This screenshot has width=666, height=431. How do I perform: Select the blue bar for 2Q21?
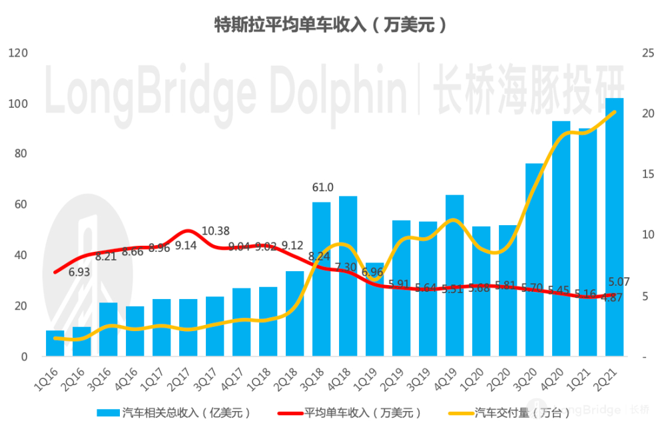tap(614, 226)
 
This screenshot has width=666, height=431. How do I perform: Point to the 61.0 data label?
tap(322, 187)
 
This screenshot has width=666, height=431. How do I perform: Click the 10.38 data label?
tap(215, 231)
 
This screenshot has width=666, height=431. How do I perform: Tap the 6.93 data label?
tap(80, 272)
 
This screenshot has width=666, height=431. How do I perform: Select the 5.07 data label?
tap(619, 282)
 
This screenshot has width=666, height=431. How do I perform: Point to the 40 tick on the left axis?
tap(21, 255)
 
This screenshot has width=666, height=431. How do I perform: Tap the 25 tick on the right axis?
tap(647, 53)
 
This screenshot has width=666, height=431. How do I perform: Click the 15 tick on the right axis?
tap(647, 174)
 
